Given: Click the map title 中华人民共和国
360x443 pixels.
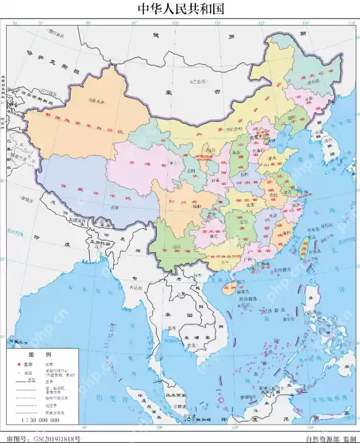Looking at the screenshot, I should (x=179, y=9).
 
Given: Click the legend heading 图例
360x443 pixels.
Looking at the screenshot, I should (x=42, y=355).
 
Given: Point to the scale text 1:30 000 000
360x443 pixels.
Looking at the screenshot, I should (x=40, y=420).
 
